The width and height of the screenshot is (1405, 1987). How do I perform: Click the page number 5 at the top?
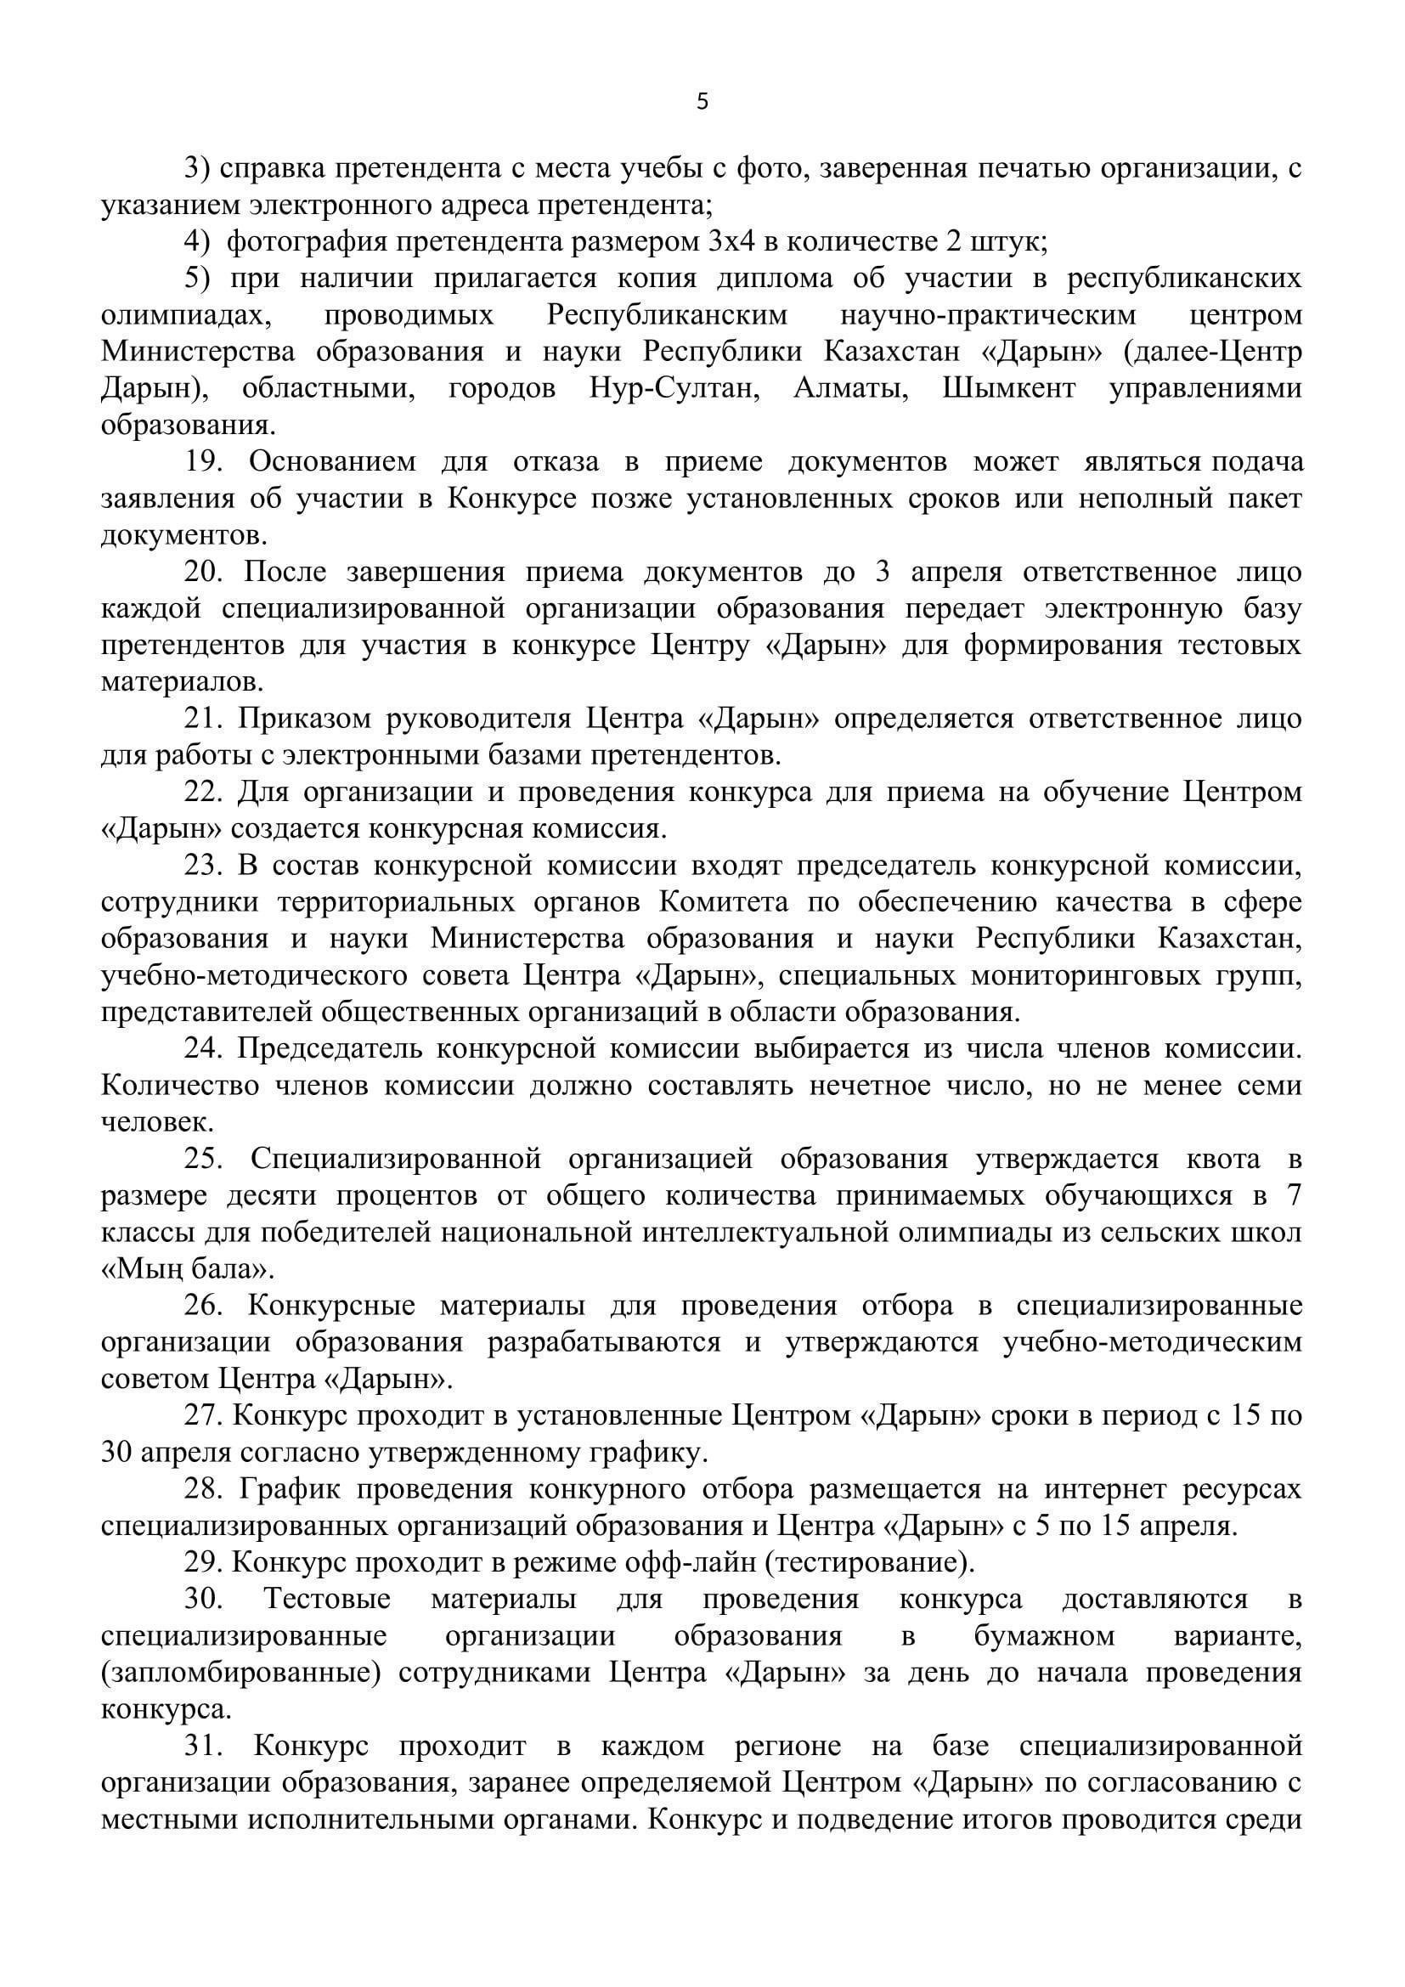click(702, 102)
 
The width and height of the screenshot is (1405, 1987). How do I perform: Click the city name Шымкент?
click(1009, 388)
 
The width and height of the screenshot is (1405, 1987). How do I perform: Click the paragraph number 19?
click(204, 462)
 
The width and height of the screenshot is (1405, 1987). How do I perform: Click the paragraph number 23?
click(204, 866)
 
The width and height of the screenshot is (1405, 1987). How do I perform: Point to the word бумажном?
click(1043, 1636)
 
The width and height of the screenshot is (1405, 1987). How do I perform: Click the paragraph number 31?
click(204, 1747)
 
